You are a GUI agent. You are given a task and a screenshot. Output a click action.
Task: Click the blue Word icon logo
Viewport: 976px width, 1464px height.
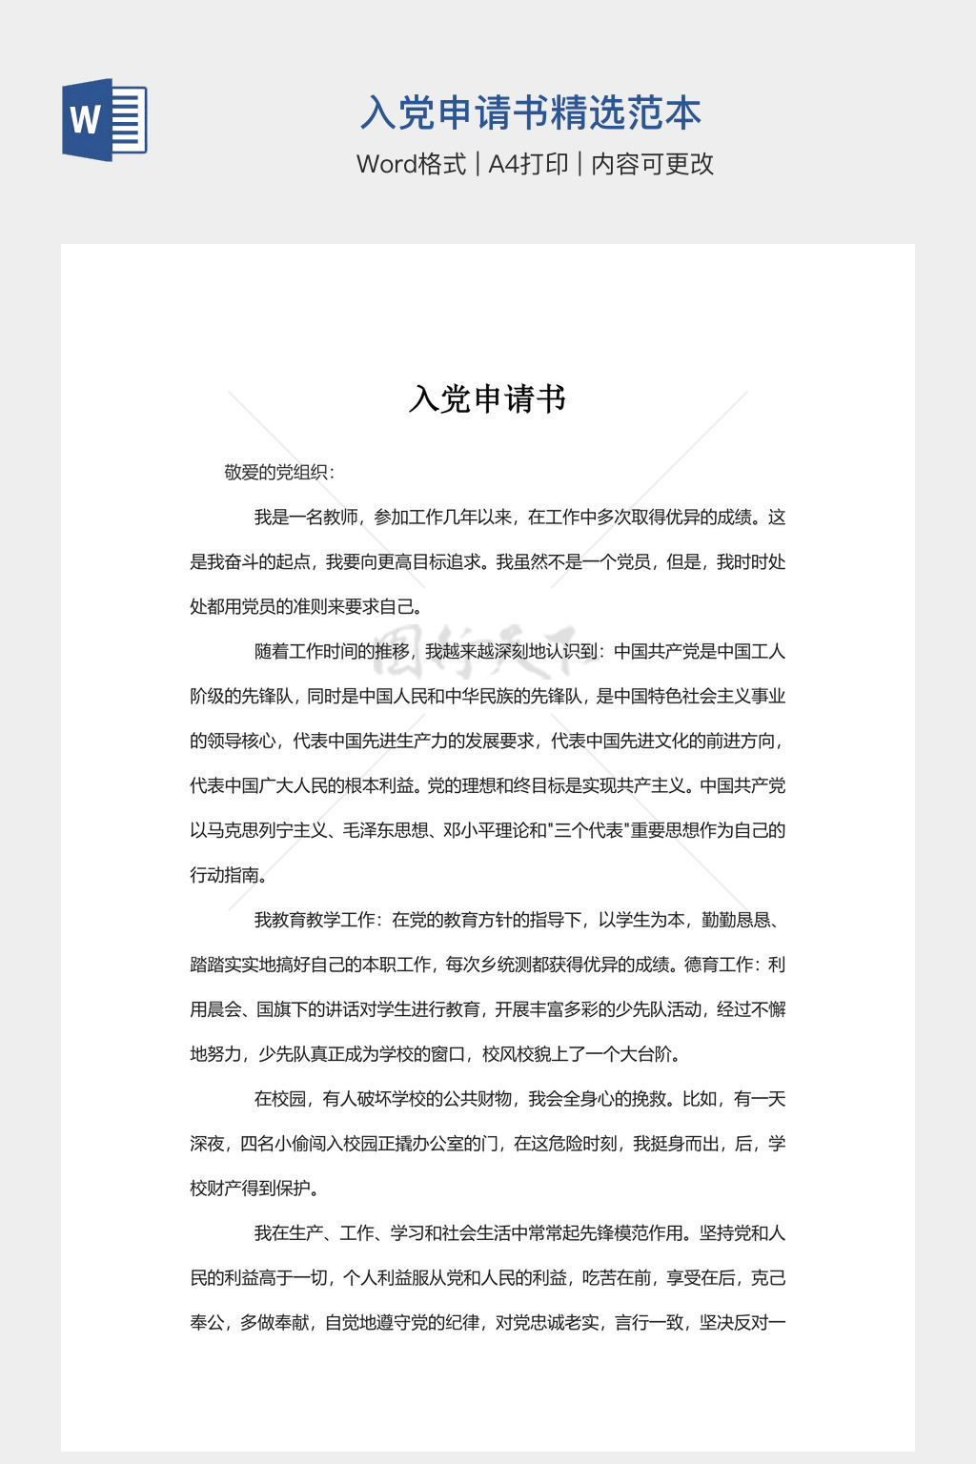[x=104, y=119]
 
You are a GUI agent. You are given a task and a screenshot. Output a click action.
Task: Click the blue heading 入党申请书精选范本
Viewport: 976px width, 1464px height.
[x=530, y=113]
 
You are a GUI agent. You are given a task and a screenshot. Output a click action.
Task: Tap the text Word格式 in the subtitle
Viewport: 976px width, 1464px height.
[x=411, y=164]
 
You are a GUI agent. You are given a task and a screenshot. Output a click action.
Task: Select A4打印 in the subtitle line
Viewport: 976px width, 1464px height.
[x=528, y=164]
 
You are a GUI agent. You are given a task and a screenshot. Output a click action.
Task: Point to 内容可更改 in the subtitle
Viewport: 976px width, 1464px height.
[x=652, y=164]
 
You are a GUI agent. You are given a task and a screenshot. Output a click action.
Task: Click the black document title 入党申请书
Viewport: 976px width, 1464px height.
[x=487, y=398]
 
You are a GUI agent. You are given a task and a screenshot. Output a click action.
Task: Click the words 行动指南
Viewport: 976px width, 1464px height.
[x=224, y=875]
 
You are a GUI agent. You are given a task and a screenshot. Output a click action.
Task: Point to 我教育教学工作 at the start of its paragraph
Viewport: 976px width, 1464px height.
[x=315, y=920]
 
